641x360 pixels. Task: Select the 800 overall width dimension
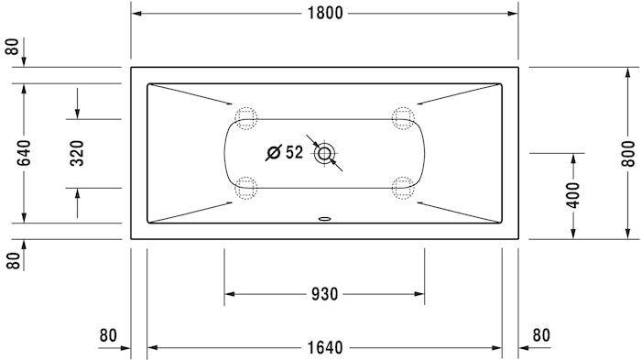tap(627, 151)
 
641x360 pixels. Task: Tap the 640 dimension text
tap(24, 151)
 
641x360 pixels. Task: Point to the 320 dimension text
tap(77, 152)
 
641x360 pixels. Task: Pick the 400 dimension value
tap(573, 195)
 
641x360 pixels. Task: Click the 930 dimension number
tap(325, 294)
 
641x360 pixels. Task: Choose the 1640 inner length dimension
tap(325, 347)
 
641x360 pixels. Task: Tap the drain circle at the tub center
tap(324, 153)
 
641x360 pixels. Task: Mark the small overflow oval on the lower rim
tap(324, 220)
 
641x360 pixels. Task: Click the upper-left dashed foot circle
tap(246, 117)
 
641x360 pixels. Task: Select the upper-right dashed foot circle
tap(402, 117)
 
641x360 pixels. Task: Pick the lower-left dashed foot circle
tap(246, 189)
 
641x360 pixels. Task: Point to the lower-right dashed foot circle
tap(402, 189)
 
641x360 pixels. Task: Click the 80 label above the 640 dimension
tap(12, 48)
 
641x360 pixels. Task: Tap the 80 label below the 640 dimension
tap(12, 259)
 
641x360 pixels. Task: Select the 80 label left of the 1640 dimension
tap(109, 335)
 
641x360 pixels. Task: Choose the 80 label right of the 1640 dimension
tap(540, 335)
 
